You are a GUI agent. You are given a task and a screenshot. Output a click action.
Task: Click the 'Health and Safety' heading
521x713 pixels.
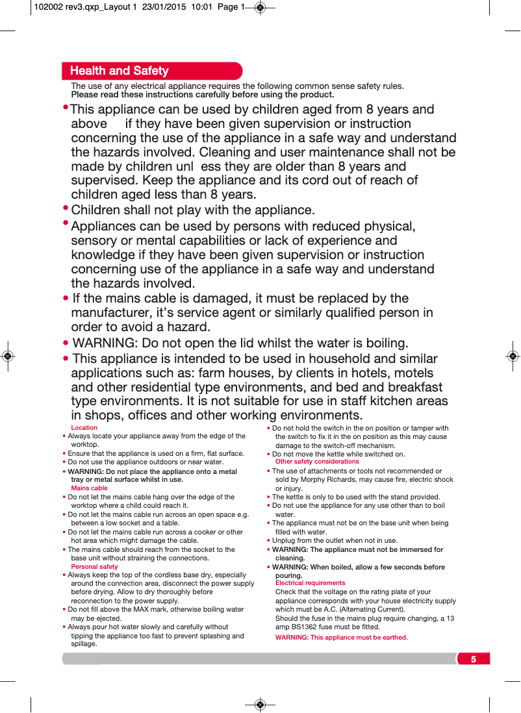tap(119, 71)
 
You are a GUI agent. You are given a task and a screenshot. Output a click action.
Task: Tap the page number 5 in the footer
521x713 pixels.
tap(474, 659)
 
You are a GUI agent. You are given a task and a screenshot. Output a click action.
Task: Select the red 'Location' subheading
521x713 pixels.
tap(84, 428)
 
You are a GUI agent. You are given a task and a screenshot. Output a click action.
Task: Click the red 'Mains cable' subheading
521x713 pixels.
tap(89, 488)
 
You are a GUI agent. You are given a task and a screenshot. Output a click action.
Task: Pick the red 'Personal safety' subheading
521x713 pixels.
tap(94, 566)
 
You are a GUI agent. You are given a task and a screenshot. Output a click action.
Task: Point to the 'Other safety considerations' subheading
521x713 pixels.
tap(317, 462)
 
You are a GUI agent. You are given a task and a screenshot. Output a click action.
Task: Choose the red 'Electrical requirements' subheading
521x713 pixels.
tap(310, 583)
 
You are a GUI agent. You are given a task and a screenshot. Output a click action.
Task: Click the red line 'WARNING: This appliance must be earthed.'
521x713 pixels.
tap(341, 638)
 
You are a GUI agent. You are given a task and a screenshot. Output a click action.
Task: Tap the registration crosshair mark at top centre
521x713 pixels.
tap(260, 8)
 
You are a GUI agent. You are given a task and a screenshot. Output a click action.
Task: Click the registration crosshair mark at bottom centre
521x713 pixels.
tap(260, 704)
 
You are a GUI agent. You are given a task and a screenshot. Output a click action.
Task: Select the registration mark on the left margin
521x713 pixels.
tap(7, 356)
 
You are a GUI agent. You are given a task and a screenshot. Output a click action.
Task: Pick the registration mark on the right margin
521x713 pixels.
tap(513, 356)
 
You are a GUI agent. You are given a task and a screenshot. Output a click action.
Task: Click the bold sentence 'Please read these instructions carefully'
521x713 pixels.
tap(202, 95)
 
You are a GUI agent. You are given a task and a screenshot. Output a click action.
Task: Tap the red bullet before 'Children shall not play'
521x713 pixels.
tap(66, 208)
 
